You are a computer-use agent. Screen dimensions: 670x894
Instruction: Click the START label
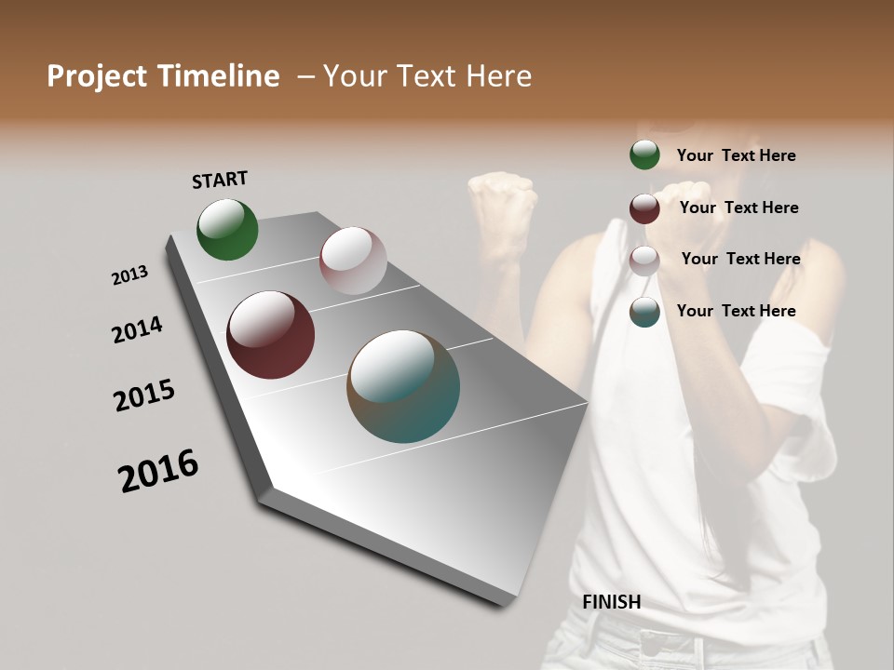pos(220,180)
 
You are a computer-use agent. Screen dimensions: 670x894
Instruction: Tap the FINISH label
pos(611,602)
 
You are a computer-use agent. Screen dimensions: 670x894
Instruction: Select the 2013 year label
pos(130,275)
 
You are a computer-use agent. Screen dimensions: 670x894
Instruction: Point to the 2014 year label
pos(137,330)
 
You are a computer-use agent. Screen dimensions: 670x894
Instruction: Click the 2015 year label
pos(144,395)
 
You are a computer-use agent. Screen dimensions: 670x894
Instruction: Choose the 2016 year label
pos(158,471)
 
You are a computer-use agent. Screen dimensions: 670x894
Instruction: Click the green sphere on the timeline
pos(227,229)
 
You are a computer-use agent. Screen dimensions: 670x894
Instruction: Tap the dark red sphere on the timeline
pos(270,335)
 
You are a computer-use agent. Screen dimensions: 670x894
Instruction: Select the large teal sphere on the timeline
pos(403,386)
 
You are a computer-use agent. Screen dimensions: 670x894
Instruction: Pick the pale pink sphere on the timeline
pos(353,261)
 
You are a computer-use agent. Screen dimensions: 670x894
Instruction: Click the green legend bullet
pos(644,155)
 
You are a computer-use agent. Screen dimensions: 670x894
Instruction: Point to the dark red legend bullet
pos(644,208)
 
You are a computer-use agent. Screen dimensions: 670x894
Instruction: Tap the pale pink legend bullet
pos(644,261)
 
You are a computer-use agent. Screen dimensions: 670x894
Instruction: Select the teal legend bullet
pos(644,312)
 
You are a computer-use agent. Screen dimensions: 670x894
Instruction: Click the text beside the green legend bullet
pos(736,155)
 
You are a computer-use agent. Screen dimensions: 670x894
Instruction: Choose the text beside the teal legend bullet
pos(736,311)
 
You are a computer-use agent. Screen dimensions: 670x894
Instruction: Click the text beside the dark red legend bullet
pos(738,208)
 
